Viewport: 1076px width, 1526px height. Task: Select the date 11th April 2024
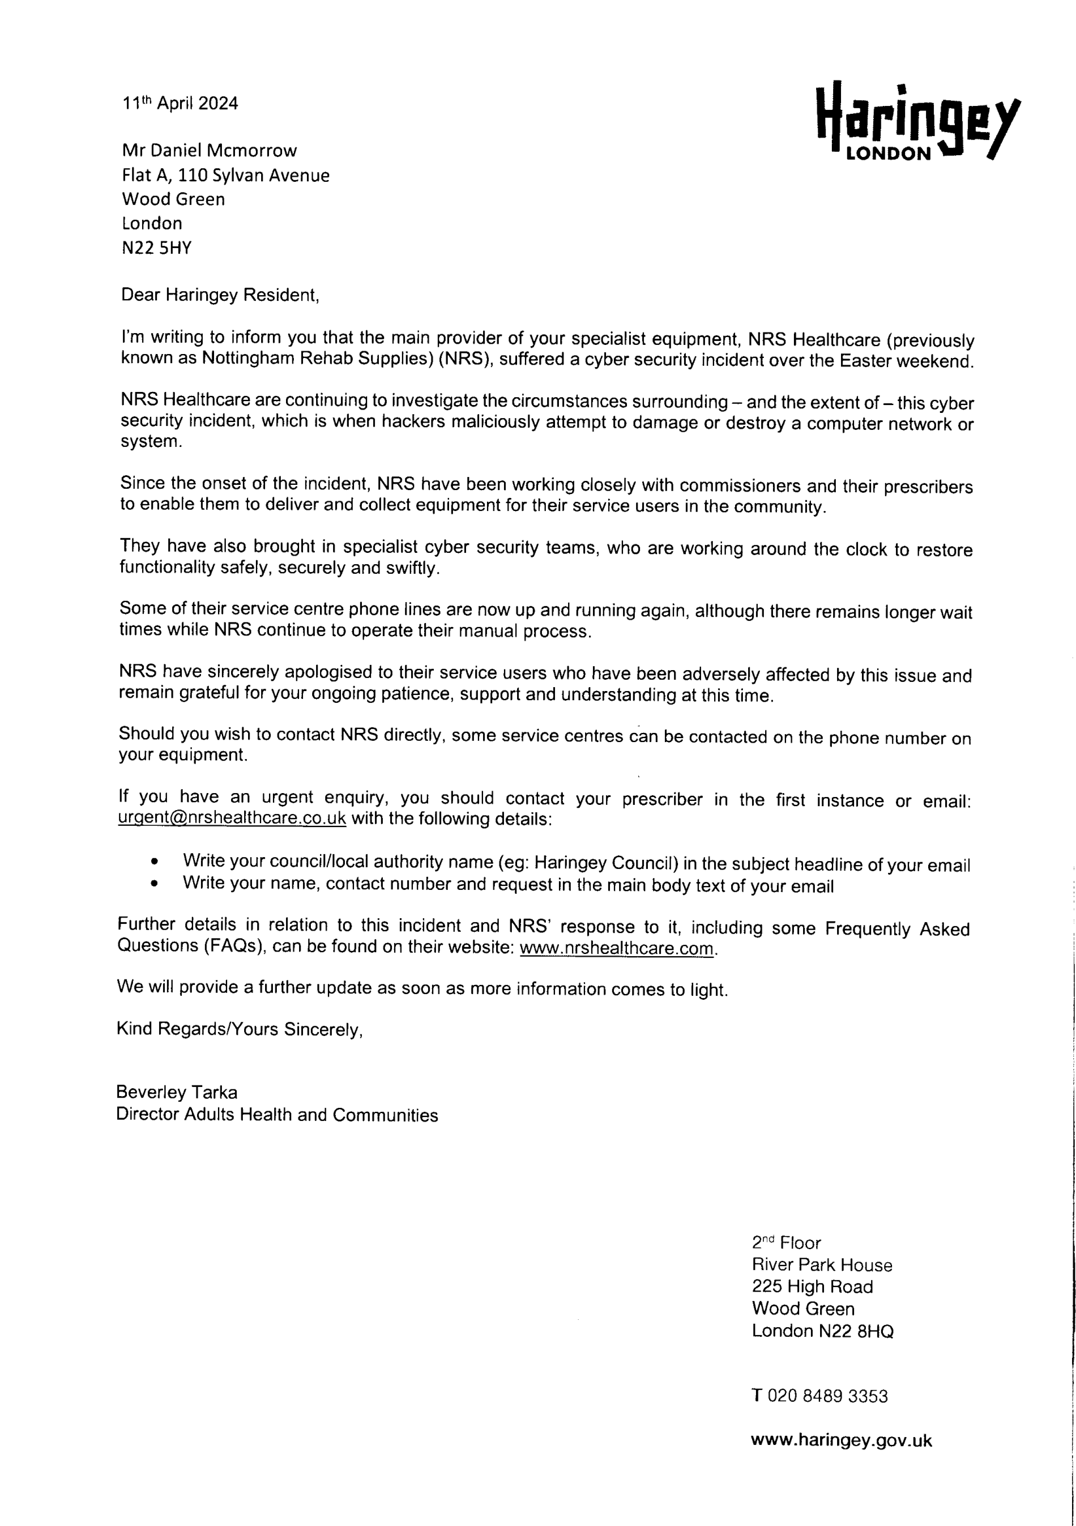(179, 103)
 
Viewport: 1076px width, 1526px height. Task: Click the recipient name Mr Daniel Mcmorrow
(209, 151)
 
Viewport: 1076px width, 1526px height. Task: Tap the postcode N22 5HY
(156, 248)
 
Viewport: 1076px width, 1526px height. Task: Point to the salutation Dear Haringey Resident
(219, 295)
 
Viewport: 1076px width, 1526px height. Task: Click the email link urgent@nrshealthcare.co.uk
(232, 818)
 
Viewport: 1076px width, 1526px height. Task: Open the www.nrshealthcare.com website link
(616, 948)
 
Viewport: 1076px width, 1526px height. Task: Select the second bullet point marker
(155, 885)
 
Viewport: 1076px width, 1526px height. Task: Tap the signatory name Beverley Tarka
(176, 1093)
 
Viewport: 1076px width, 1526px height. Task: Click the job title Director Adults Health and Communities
(276, 1115)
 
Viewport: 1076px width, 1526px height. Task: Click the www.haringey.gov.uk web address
(841, 1440)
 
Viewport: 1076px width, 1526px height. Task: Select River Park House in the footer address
(821, 1265)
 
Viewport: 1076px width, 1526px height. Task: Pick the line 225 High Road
(812, 1286)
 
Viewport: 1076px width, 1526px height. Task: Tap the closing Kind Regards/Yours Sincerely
(240, 1029)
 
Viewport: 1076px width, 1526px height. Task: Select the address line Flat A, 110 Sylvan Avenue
(225, 175)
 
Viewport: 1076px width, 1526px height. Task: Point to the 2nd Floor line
(786, 1243)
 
